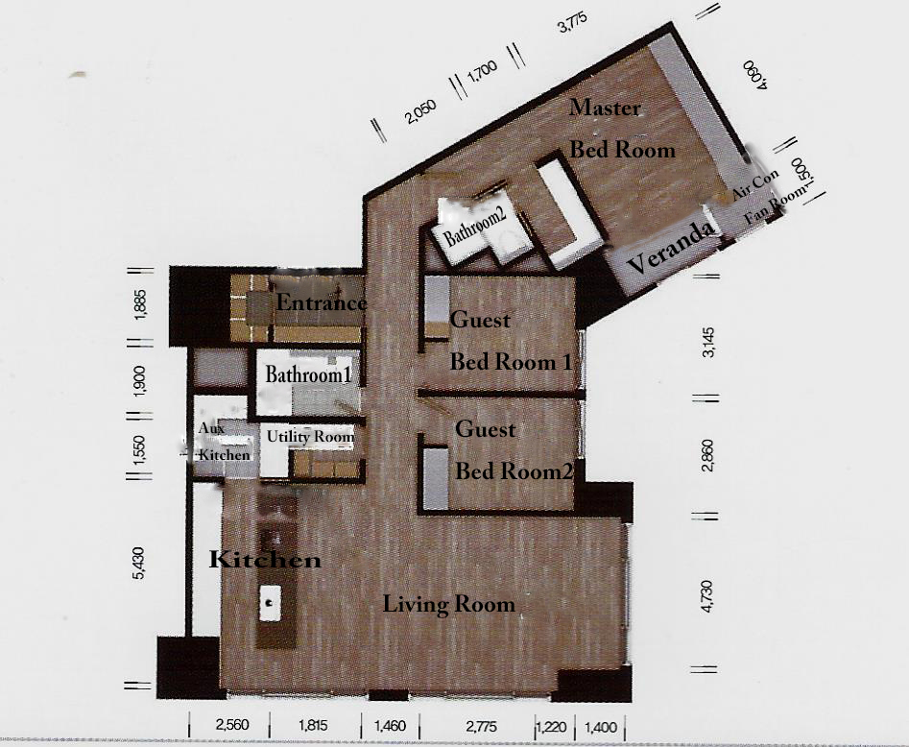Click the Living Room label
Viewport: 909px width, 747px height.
448,604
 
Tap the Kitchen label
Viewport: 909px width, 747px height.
265,560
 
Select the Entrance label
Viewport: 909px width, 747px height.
322,302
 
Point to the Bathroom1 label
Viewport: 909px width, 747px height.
308,374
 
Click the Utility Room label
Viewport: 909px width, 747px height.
310,437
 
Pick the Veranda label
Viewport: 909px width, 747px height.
671,248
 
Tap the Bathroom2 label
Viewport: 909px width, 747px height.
475,227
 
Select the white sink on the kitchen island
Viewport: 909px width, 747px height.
270,603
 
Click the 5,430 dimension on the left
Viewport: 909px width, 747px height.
140,564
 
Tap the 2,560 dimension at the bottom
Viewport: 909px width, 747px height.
232,725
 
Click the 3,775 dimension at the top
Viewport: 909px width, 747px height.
572,23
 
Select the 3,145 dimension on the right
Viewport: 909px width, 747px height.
707,343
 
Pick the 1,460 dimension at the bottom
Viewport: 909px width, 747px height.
390,726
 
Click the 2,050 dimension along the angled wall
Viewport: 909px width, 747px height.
421,111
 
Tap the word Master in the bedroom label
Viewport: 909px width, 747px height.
605,108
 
